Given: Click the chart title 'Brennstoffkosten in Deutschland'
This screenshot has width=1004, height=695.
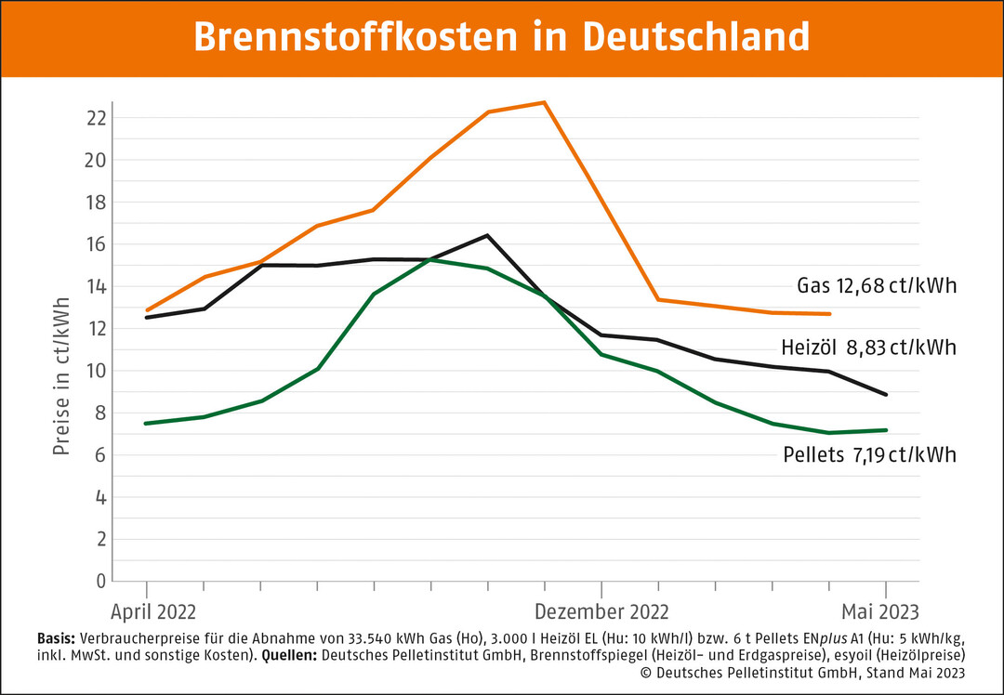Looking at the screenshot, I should point(501,38).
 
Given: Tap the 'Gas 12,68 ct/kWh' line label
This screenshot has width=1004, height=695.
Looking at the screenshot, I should point(877,285).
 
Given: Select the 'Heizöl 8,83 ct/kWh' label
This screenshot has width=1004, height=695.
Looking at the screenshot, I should point(868,347).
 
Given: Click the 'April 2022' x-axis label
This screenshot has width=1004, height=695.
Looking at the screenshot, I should point(153,611).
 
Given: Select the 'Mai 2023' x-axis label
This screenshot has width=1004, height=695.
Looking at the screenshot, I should point(879,611).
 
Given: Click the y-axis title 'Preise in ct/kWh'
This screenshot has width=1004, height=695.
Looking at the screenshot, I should point(61,376).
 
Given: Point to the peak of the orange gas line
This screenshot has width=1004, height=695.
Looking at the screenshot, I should point(545,102).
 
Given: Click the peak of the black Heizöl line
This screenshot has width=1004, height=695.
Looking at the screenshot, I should point(487,235).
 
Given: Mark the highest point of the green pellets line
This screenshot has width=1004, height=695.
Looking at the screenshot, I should point(430,259).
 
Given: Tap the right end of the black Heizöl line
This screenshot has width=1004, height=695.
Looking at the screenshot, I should point(886,395).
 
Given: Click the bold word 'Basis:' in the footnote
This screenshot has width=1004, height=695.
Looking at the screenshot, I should point(57,639).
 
